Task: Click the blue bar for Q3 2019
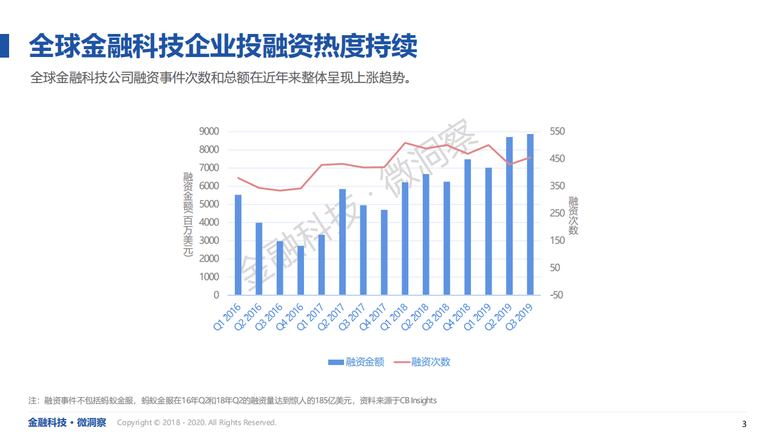coord(530,215)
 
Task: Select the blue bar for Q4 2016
coord(301,270)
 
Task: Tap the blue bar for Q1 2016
coord(238,245)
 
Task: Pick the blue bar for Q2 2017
coord(343,242)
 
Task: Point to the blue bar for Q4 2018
coord(468,227)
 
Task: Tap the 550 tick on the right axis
coord(557,132)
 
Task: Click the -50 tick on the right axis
coord(556,295)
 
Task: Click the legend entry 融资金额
coord(365,362)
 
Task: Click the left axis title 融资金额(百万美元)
coord(188,214)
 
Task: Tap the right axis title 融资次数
coord(573,215)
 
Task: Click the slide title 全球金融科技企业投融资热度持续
coord(223,46)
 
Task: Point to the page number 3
coord(744,423)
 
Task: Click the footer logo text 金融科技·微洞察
coord(67,423)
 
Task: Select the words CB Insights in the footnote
coord(418,401)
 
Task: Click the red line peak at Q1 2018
coord(405,143)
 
